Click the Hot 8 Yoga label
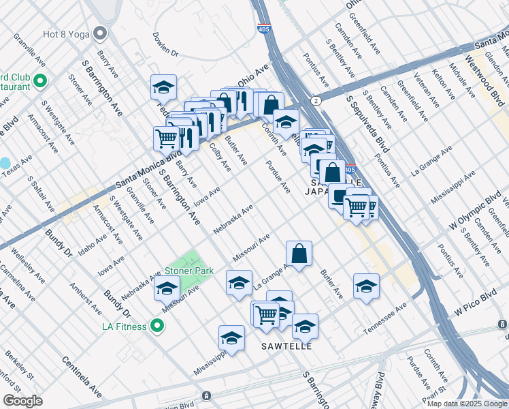(x=66, y=32)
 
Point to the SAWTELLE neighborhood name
(x=286, y=346)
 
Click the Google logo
(x=22, y=400)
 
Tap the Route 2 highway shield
(x=317, y=100)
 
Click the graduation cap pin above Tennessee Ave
(x=366, y=286)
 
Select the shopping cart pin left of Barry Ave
(x=166, y=138)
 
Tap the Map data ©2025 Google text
(x=466, y=404)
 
